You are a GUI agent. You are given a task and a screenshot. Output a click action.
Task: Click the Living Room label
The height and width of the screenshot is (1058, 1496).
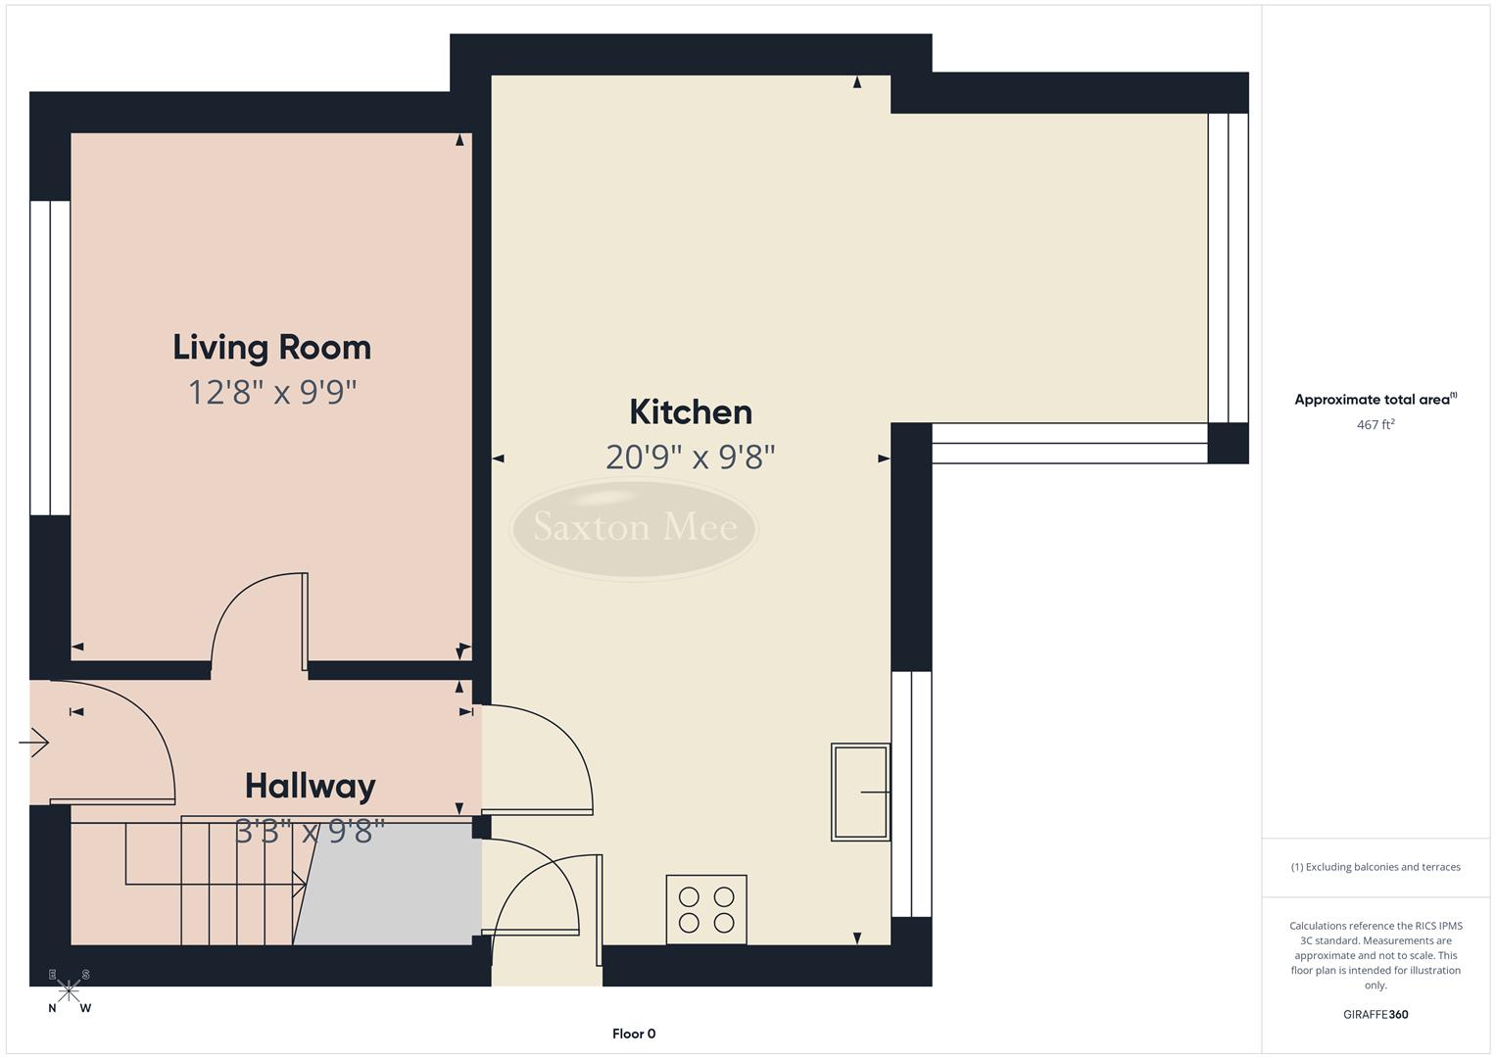coord(271,348)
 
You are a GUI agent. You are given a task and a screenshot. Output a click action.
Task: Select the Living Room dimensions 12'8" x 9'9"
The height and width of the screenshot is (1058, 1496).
coord(271,393)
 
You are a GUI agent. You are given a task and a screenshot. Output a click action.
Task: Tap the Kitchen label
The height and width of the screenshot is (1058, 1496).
coord(690,412)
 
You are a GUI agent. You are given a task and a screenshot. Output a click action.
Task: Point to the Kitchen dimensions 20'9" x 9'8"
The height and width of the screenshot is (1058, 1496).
coord(690,457)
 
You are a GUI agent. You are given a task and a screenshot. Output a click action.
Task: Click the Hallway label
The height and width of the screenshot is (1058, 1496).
coord(310,787)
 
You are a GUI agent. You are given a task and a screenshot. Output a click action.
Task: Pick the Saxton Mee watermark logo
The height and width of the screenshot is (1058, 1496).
coord(634,528)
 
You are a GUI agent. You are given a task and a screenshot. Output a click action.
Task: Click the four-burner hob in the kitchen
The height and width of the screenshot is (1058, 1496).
coord(706,910)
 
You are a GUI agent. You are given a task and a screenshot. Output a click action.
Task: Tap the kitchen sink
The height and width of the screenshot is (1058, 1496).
coord(860,792)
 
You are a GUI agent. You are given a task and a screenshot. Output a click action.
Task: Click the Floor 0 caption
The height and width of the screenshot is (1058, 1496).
coord(634,1034)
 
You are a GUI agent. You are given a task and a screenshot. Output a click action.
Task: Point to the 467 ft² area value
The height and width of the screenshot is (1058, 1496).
coord(1375,425)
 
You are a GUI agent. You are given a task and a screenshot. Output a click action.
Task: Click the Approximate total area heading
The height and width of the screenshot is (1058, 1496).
coord(1375,400)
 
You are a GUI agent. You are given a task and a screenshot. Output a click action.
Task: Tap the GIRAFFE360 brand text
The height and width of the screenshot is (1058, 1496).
coord(1375,1015)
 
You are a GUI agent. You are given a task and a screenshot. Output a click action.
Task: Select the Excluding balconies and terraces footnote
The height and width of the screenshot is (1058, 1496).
coord(1375,867)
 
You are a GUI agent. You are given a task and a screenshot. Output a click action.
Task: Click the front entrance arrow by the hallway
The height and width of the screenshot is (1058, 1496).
coord(34,744)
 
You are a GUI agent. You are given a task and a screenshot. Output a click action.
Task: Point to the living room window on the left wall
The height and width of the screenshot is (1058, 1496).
coord(50,358)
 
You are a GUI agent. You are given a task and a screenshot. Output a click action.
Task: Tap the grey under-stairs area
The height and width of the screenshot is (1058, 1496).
coord(392,885)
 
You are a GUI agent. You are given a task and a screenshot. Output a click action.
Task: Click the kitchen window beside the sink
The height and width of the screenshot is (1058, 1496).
coord(911,793)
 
